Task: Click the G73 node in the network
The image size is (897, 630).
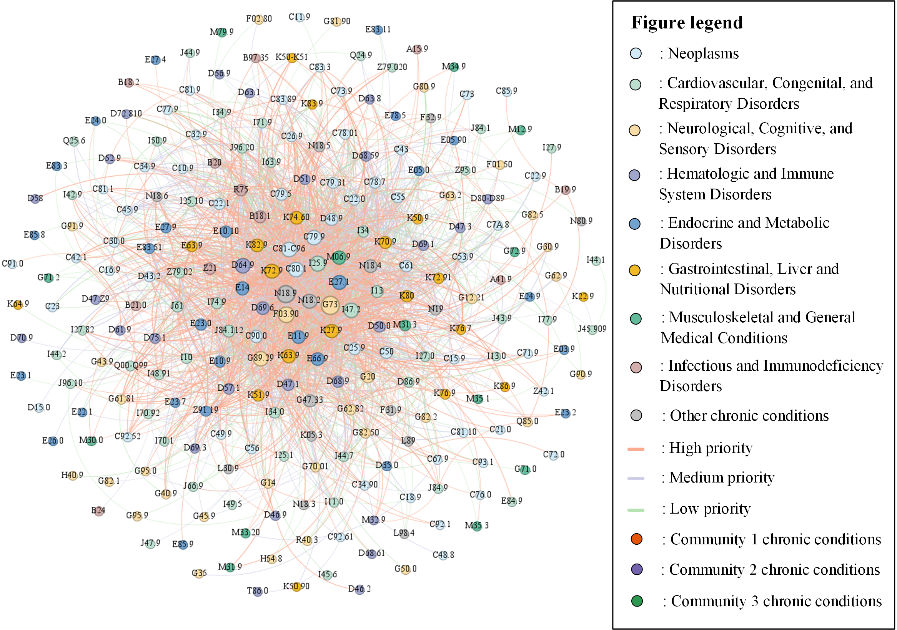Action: coord(330,305)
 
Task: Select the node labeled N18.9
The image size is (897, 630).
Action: coord(286,293)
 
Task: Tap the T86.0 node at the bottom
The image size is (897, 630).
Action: coord(257,591)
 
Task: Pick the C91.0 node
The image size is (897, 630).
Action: coord(13,264)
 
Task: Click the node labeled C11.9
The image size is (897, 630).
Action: coord(299,17)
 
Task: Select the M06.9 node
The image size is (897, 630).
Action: coord(338,257)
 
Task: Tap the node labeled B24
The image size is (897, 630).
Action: coord(98,511)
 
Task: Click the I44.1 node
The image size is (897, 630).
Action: coord(596,260)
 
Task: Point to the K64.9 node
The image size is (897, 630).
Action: coord(18,304)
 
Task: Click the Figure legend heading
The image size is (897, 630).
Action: coord(686,23)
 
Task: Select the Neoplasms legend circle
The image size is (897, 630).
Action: coord(636,53)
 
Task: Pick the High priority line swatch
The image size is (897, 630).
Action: coord(636,449)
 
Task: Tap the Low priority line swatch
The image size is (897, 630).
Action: coord(636,510)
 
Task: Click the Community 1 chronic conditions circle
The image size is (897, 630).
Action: coord(636,539)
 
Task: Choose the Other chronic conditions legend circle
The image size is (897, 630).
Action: coord(636,415)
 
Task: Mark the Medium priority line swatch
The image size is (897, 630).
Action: coord(636,478)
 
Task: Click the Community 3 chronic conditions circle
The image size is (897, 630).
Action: coord(637,601)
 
